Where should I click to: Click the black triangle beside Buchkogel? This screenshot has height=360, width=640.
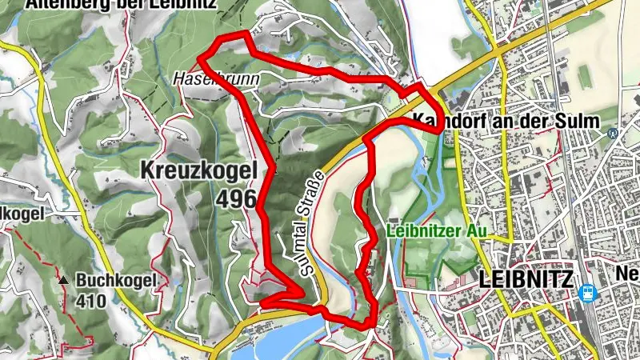pos(63,281)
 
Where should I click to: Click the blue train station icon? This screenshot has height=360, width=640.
pos(587,293)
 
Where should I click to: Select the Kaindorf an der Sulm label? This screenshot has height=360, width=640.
pos(517,121)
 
